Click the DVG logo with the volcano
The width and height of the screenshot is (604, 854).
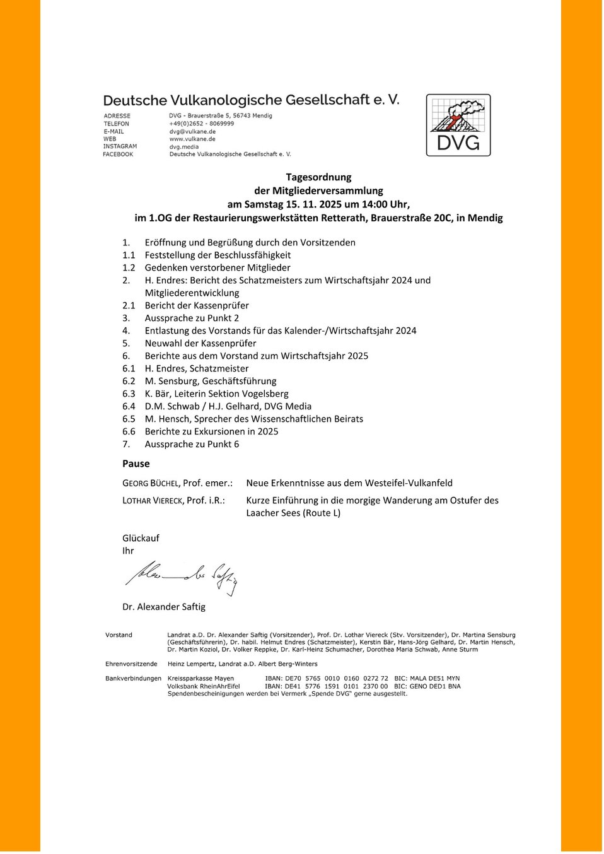(458, 125)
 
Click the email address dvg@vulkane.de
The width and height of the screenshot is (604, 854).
(192, 131)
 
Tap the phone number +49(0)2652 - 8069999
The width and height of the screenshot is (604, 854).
(201, 124)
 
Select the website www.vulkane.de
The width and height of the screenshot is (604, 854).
(192, 139)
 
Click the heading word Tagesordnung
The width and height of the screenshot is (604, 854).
(318, 177)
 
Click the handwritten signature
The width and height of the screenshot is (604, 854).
(181, 576)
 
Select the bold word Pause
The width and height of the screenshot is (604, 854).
(136, 464)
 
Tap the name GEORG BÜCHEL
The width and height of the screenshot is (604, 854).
(150, 483)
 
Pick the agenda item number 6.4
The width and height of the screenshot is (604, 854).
(129, 406)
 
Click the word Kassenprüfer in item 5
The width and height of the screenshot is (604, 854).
(228, 343)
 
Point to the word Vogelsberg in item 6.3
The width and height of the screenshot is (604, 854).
(262, 394)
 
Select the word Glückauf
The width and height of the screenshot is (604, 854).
(141, 538)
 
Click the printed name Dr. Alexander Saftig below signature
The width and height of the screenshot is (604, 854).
(164, 607)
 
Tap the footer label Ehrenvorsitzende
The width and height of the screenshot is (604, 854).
(131, 664)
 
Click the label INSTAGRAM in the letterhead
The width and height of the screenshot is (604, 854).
(120, 146)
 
